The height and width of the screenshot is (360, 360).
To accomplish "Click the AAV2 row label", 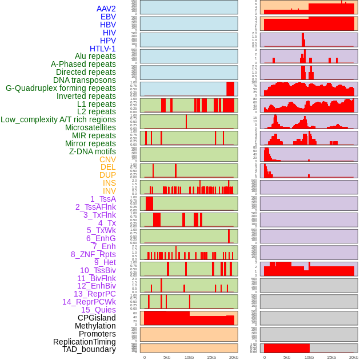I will pos(106,9).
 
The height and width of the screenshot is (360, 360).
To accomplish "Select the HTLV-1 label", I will pos(102,49).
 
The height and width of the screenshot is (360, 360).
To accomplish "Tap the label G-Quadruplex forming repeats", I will pos(61,88).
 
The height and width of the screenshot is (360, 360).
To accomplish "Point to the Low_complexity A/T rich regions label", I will pos(58,119).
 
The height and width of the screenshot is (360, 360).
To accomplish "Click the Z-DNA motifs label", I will pos(92,151).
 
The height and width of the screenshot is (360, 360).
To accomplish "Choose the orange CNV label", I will pos(107,159).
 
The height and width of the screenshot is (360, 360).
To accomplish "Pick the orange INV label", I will pos(109,191).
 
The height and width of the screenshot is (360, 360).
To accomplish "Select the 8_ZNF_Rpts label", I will pos(93,254).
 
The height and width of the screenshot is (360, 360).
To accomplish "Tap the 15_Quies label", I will pos(98,310).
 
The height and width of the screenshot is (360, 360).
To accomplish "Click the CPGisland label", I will pos(97,318).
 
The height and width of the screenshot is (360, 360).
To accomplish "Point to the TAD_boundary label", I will pos(89,349).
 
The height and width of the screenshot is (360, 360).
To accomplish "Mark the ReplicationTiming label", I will pos(84,342).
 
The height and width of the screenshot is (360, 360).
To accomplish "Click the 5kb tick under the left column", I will pos(167,357).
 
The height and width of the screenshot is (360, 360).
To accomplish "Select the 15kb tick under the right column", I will pos(331,357).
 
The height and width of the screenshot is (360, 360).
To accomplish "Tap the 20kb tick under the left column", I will pos(234,357).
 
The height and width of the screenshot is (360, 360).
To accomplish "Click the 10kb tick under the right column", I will pos(309,357).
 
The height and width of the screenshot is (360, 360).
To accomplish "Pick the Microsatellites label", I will pos(90,127).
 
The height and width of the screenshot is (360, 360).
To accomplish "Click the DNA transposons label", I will pos(85,80).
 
